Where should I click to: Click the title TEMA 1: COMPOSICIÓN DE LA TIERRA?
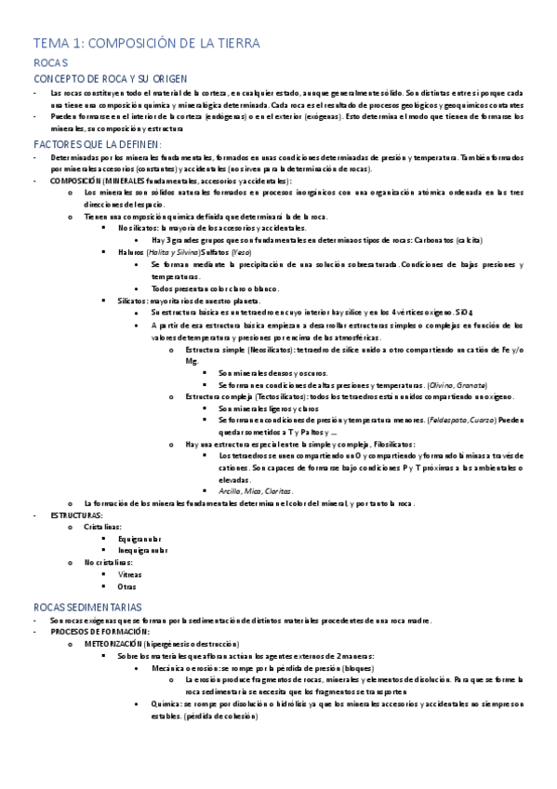(146, 43)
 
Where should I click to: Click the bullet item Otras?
(127, 586)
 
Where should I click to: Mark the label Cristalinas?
(102, 527)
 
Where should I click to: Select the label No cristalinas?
(108, 562)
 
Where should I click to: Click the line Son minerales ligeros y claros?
(271, 408)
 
